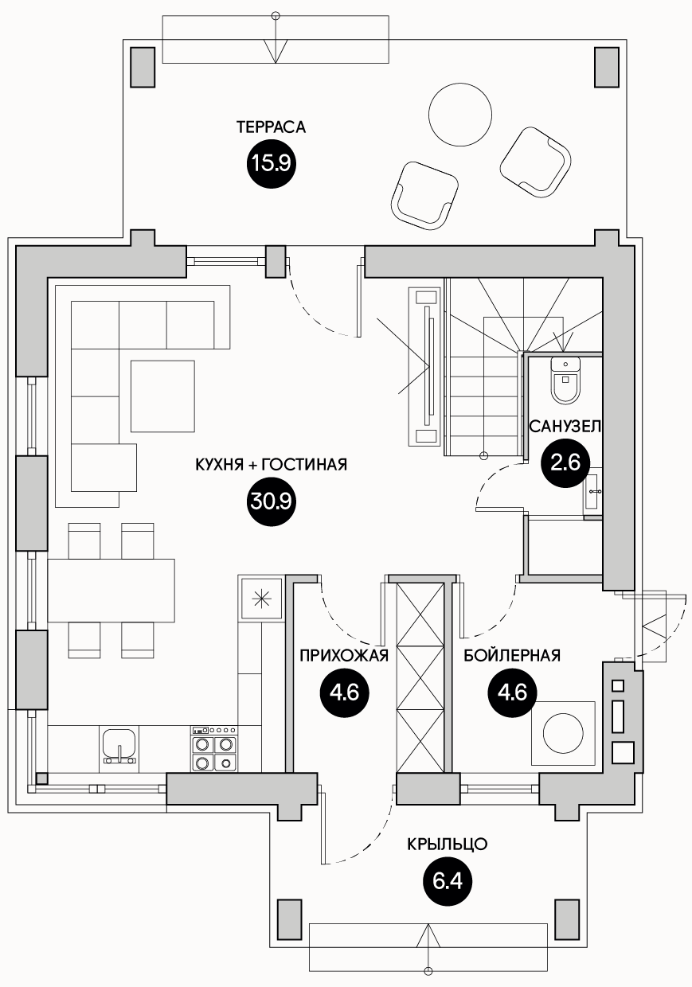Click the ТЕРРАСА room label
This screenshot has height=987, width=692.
[x=271, y=127]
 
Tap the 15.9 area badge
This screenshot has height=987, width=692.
[x=271, y=164]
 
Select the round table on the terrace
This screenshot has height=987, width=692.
[x=459, y=115]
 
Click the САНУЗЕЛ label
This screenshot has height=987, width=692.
[x=565, y=427]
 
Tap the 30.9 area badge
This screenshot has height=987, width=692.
[x=271, y=501]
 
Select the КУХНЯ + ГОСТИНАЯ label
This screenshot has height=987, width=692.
[x=271, y=464]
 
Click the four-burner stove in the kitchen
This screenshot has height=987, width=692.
[x=214, y=749]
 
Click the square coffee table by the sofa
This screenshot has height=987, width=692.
[x=162, y=396]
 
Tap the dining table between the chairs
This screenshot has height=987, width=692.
[x=111, y=591]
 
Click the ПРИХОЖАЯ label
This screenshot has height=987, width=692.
[x=344, y=656]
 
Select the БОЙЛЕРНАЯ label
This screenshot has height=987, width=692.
[x=512, y=656]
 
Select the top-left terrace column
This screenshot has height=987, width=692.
[x=143, y=67]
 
